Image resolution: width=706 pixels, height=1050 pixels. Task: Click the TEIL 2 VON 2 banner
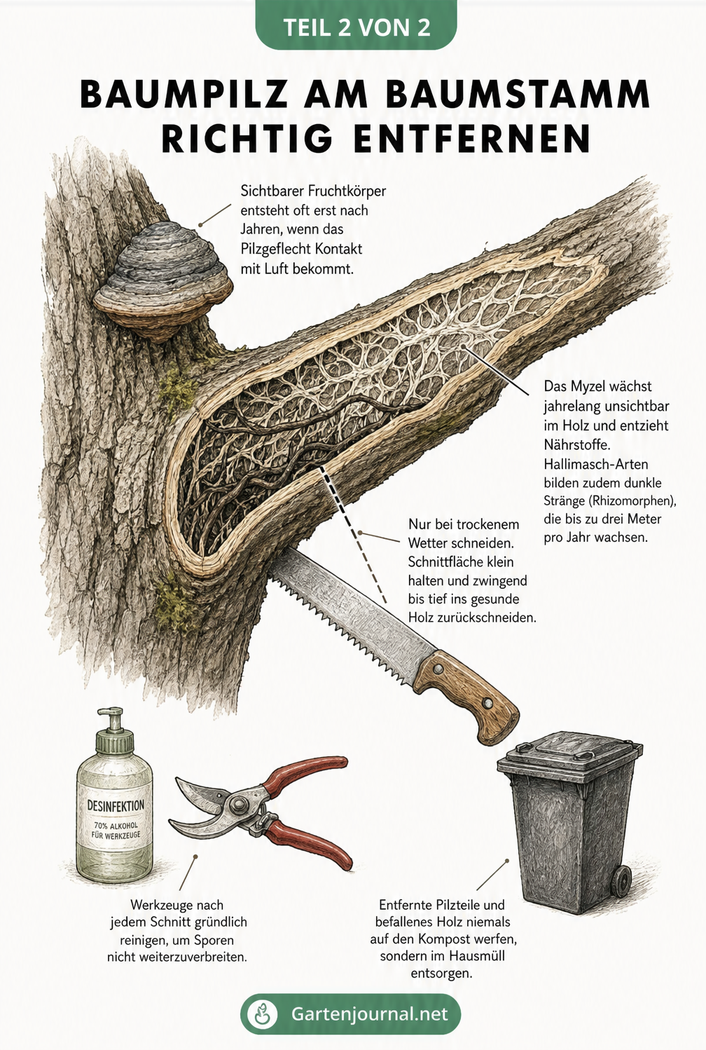[356, 26]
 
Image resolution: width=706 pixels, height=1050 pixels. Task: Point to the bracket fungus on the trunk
[162, 282]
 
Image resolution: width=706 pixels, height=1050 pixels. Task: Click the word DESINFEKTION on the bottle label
[116, 806]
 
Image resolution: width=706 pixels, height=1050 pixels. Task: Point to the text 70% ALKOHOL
[116, 826]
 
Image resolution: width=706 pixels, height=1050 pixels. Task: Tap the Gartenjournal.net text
[369, 1014]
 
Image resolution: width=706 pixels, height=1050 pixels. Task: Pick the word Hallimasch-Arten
[596, 464]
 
